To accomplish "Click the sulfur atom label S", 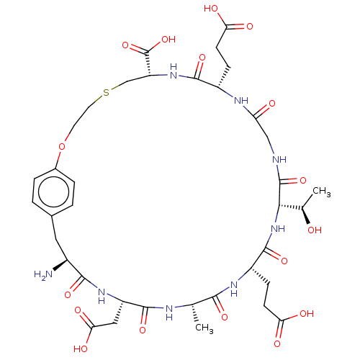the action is [x=106, y=92].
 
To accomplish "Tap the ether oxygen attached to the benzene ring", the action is [x=62, y=146].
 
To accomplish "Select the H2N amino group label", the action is [x=43, y=274].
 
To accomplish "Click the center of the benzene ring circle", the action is [x=53, y=192].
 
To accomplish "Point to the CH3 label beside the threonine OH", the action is [x=322, y=192].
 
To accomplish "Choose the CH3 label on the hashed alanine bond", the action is [x=204, y=328].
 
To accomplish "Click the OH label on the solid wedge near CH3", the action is [x=315, y=230].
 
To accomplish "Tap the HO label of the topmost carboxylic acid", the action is [x=211, y=9].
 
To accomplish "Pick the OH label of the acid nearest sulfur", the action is [x=168, y=40].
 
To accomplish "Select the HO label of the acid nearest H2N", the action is [x=81, y=348].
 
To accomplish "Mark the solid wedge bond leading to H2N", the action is [x=60, y=265].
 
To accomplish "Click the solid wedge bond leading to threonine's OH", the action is [x=306, y=216].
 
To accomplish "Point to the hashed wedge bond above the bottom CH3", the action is [x=194, y=313].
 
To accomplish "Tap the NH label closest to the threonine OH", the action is [x=278, y=228].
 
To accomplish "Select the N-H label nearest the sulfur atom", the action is [x=174, y=71].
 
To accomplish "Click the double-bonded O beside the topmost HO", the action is [x=250, y=27].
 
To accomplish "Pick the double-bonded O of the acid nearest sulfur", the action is [x=125, y=45].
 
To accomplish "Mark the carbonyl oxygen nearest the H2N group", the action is [x=68, y=294].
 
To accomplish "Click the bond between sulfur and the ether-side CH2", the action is [x=95, y=102].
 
